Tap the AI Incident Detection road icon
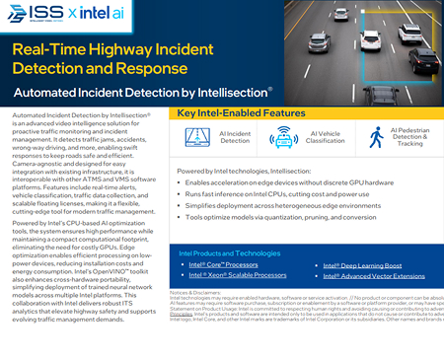(x=199, y=137)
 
